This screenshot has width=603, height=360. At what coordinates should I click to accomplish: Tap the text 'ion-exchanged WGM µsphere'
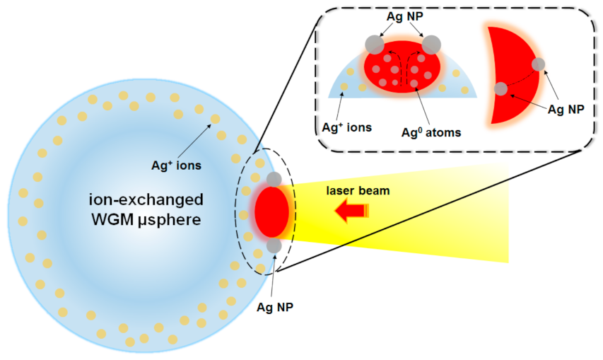pyautogui.click(x=146, y=209)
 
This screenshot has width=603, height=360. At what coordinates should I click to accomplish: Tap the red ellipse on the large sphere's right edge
pyautogui.click(x=271, y=211)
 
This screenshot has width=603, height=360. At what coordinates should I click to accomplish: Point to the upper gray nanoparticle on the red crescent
pyautogui.click(x=539, y=64)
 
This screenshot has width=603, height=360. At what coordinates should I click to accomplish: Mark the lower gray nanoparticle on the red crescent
pyautogui.click(x=500, y=88)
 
